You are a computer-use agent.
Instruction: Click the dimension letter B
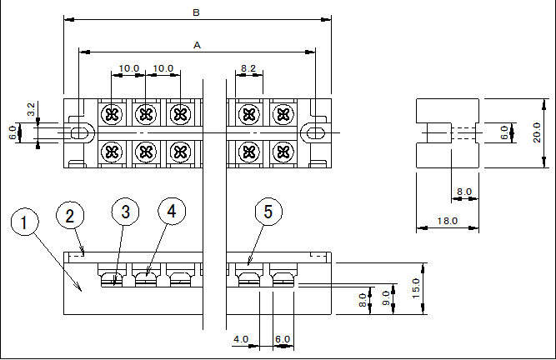click(196, 12)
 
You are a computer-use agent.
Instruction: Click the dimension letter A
click(198, 45)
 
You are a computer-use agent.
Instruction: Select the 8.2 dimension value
click(248, 68)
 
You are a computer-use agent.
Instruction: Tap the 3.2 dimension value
click(31, 109)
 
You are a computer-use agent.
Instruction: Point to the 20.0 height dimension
click(537, 132)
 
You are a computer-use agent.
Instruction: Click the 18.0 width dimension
click(447, 221)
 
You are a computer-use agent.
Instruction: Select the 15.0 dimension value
click(416, 288)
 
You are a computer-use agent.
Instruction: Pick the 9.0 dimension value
click(386, 298)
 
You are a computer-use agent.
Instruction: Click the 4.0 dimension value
click(241, 339)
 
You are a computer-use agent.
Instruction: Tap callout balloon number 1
click(24, 222)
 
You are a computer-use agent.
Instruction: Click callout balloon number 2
click(70, 216)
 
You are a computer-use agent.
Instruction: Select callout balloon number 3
click(125, 212)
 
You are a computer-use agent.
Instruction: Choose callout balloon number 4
click(172, 211)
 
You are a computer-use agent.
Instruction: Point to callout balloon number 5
click(268, 212)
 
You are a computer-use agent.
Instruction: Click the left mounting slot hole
click(80, 133)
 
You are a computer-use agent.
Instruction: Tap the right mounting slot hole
click(316, 133)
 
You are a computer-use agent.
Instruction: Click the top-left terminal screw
click(112, 114)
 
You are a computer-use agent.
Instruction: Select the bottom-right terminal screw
click(283, 152)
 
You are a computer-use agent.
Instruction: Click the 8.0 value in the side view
click(463, 192)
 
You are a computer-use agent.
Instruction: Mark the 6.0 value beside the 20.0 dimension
click(504, 132)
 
